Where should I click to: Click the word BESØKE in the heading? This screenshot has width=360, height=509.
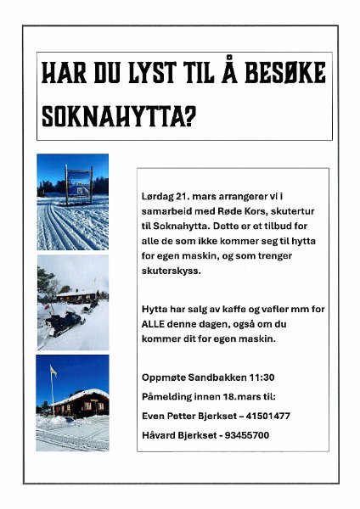click(x=287, y=75)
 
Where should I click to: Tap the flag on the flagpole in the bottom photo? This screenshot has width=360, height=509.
click(x=53, y=372)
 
